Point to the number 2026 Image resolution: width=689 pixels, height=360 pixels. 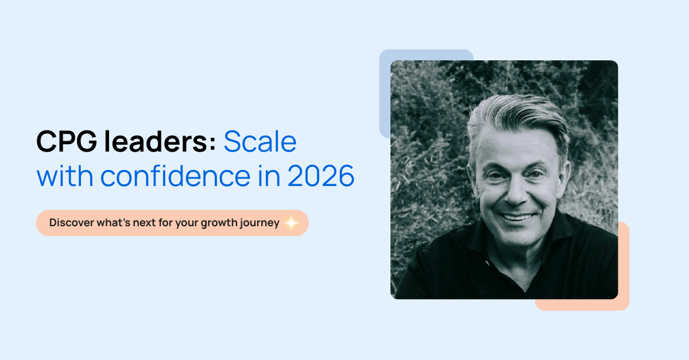[x=321, y=177]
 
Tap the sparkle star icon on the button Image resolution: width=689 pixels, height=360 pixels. [x=291, y=223]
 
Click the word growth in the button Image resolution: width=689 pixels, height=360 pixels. [x=218, y=223]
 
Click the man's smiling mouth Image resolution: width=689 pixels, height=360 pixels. [x=516, y=217]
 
